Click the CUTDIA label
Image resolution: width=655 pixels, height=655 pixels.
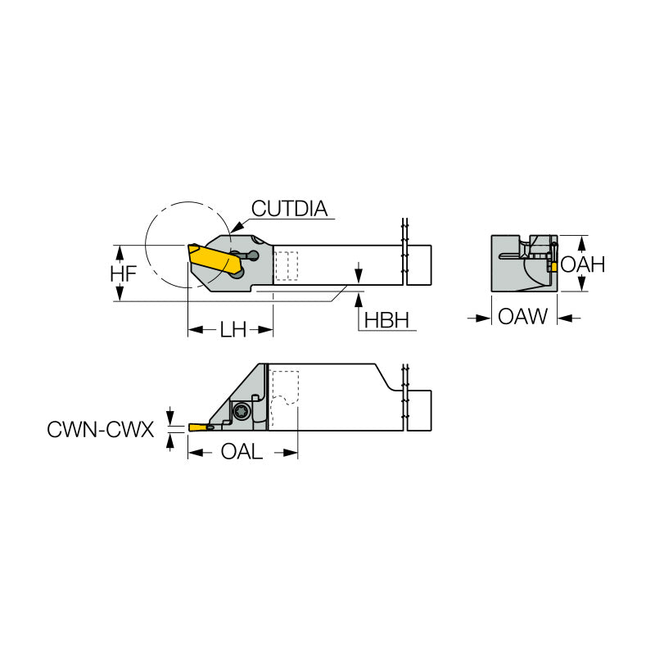(x=289, y=209)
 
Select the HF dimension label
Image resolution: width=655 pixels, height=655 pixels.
(x=124, y=274)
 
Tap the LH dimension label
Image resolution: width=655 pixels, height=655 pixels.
(x=233, y=330)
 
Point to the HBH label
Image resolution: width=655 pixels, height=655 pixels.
(x=386, y=320)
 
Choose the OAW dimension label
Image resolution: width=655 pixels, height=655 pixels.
(x=523, y=317)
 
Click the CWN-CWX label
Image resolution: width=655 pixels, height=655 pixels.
(x=101, y=428)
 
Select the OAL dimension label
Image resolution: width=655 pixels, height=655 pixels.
(x=242, y=452)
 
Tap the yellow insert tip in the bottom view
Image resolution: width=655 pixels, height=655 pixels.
(x=199, y=427)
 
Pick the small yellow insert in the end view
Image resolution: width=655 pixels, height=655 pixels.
(x=554, y=267)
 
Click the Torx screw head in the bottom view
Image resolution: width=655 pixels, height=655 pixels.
(x=242, y=412)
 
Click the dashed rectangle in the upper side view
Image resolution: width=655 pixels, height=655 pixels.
(x=287, y=266)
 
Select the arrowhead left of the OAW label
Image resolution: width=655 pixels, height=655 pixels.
(x=484, y=317)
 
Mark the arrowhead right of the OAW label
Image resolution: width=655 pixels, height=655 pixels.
(x=564, y=317)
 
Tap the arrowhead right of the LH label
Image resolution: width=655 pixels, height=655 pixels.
(x=265, y=330)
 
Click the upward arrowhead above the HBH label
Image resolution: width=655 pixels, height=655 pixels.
(x=358, y=298)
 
